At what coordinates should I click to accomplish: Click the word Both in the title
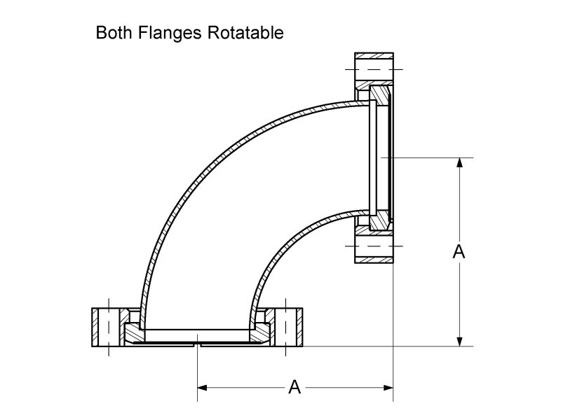tap(112, 33)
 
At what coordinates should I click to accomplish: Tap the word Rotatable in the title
tap(245, 33)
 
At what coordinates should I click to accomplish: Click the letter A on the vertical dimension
tap(459, 252)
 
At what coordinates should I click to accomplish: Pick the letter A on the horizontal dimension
tap(295, 386)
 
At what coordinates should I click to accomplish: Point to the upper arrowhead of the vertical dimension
tap(459, 163)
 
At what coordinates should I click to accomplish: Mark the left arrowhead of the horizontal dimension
tap(203, 386)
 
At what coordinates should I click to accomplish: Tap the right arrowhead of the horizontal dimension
tap(387, 386)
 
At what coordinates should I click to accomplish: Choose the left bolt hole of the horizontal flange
tap(109, 327)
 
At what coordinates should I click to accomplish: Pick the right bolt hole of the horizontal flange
tap(286, 327)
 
